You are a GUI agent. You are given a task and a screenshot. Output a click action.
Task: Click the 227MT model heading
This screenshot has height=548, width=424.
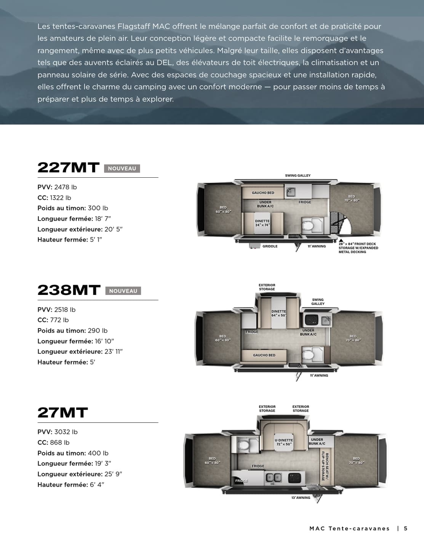68,168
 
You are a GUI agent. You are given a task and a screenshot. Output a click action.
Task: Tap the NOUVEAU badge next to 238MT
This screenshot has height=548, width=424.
123,291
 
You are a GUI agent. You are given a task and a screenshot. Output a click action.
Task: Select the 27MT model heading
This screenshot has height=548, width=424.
62,413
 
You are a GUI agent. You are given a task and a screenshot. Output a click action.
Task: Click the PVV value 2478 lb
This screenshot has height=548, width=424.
65,187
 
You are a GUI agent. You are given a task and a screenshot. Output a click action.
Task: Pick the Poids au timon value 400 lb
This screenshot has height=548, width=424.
98,453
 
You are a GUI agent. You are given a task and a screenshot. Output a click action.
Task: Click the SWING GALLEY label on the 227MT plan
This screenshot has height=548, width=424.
298,175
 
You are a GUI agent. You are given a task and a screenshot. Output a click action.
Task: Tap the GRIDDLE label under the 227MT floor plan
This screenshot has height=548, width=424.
270,246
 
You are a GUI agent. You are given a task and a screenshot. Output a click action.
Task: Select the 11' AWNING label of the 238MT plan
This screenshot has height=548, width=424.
319,376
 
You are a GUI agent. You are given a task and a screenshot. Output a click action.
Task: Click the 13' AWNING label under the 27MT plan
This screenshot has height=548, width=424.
301,498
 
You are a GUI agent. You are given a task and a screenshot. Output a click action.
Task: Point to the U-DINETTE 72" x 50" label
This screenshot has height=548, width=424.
284,442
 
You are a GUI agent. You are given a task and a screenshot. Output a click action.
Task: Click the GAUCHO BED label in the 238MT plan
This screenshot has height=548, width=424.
264,355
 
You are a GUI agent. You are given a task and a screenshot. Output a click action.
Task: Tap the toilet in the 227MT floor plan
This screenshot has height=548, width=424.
308,225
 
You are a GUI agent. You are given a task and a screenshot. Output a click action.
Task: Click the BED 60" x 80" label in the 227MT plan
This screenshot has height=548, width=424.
223,210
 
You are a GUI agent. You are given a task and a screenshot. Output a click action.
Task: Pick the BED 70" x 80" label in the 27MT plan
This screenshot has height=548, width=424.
356,461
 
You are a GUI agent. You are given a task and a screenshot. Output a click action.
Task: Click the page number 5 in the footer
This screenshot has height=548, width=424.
406,529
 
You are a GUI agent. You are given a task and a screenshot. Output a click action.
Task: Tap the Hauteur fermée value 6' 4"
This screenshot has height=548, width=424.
97,485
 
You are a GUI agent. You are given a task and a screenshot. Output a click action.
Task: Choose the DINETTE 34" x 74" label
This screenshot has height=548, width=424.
262,223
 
